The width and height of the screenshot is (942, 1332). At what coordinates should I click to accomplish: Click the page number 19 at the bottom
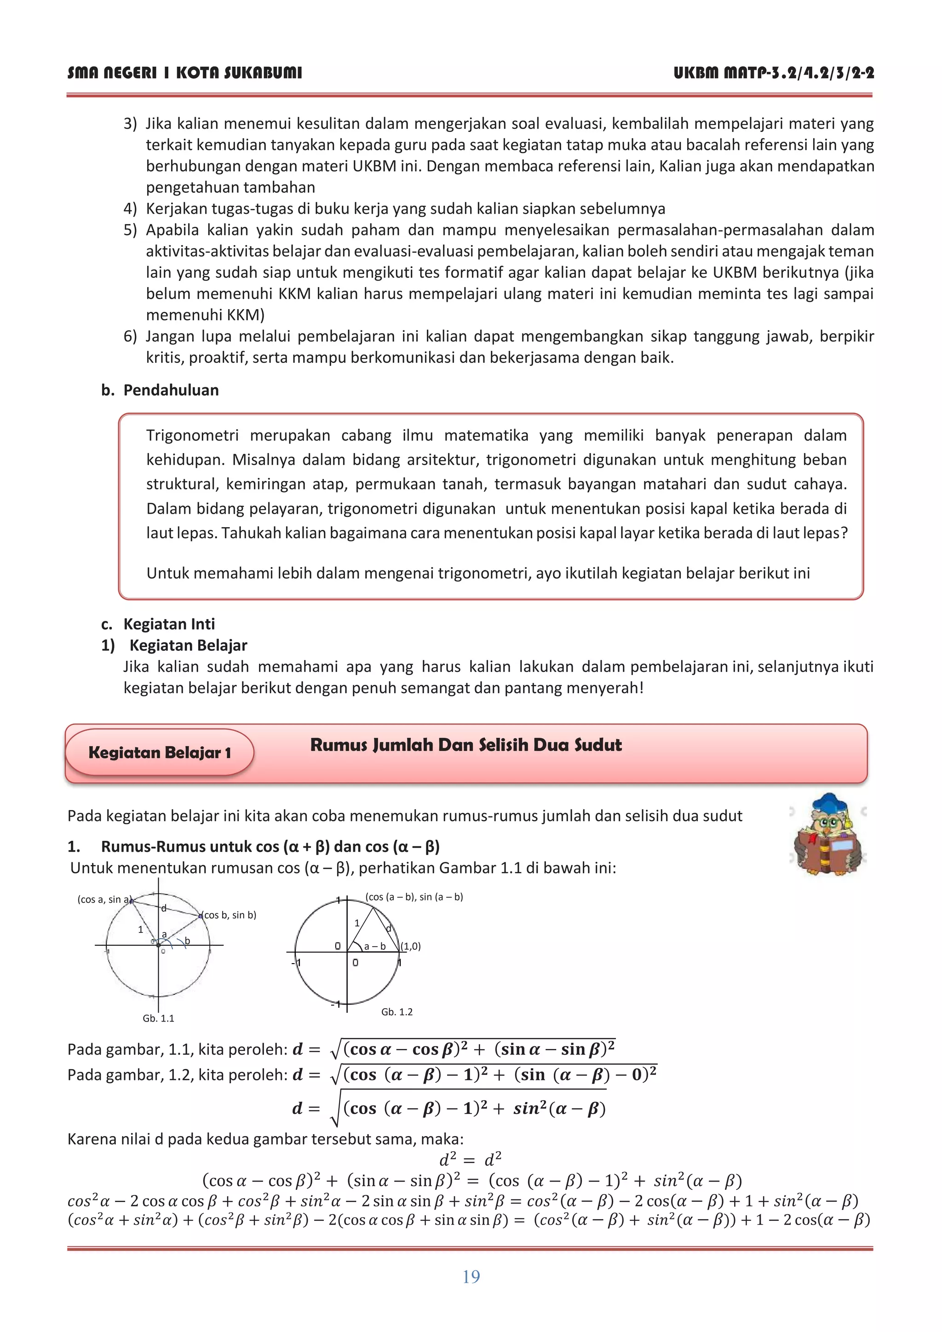tap(471, 1276)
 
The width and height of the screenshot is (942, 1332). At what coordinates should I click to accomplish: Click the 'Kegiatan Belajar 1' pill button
tap(160, 752)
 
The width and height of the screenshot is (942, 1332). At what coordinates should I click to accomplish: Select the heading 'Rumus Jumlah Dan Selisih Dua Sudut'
tap(466, 745)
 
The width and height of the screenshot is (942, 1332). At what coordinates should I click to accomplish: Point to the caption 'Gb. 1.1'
tap(158, 1018)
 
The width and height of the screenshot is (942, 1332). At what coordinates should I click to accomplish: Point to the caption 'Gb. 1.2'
tap(397, 1012)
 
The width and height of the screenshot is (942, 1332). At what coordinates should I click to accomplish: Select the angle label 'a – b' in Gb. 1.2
tap(375, 946)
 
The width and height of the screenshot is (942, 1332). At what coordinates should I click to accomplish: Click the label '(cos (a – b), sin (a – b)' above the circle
tap(414, 896)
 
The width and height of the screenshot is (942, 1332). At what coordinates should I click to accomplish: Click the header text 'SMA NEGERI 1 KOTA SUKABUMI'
tap(184, 73)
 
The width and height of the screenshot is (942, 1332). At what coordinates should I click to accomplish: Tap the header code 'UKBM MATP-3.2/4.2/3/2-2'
tap(774, 73)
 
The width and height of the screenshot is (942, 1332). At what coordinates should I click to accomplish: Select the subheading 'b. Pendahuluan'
tap(160, 390)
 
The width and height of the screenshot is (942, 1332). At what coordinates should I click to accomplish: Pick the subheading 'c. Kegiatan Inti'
tap(158, 624)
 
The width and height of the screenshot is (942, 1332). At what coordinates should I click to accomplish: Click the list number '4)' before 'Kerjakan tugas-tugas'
tap(130, 208)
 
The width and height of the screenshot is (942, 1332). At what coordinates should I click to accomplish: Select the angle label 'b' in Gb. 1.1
tap(187, 941)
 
